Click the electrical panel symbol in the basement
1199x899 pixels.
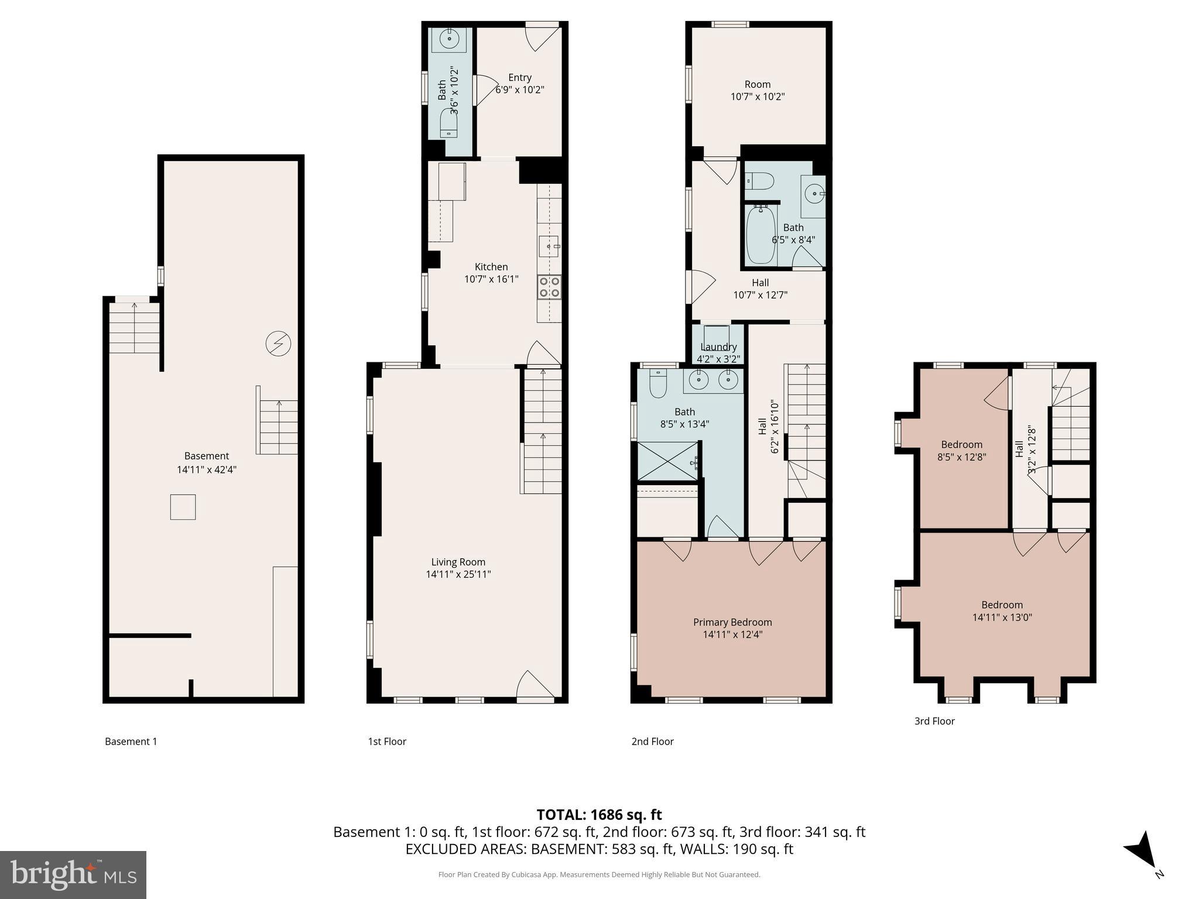(278, 344)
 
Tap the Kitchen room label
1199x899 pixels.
(491, 267)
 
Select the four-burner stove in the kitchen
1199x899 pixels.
(550, 287)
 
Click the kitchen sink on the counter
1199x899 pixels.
(549, 246)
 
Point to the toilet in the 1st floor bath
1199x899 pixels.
(449, 124)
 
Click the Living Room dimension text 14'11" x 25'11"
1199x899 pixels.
(458, 575)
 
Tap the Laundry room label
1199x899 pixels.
(718, 346)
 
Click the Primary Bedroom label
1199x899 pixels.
(732, 622)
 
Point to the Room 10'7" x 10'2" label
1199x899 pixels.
(758, 91)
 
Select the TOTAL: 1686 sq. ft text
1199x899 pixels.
(599, 814)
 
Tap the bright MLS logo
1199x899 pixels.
(73, 874)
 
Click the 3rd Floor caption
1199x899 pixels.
(934, 721)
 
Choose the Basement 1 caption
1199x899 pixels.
(131, 742)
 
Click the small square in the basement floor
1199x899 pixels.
(183, 507)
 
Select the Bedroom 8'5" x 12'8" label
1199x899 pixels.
(961, 451)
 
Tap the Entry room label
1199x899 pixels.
(519, 77)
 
